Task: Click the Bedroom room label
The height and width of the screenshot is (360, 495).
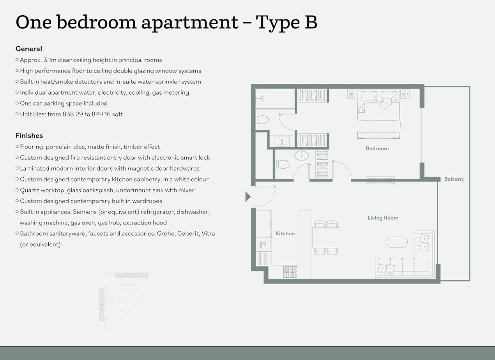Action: tap(377, 148)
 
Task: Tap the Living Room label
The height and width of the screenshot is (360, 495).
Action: tap(383, 218)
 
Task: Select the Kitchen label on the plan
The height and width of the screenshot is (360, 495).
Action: tap(285, 233)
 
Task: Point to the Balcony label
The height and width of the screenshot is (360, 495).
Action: tap(454, 179)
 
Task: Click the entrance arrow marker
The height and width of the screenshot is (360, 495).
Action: tap(248, 197)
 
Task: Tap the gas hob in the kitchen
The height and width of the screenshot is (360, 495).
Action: tap(290, 272)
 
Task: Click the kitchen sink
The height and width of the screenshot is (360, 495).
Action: tap(265, 245)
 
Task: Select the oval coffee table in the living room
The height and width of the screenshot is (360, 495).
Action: tap(397, 242)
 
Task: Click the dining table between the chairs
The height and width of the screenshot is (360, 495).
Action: tap(326, 238)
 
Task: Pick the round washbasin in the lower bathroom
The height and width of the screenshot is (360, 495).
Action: tap(301, 155)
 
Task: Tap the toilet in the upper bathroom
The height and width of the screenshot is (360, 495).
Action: tap(263, 120)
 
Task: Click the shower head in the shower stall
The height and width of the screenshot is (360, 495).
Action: tap(262, 98)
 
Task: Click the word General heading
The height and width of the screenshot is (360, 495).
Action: tap(29, 49)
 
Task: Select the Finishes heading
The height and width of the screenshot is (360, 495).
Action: tap(29, 136)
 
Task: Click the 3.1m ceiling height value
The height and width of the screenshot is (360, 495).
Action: tap(50, 60)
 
